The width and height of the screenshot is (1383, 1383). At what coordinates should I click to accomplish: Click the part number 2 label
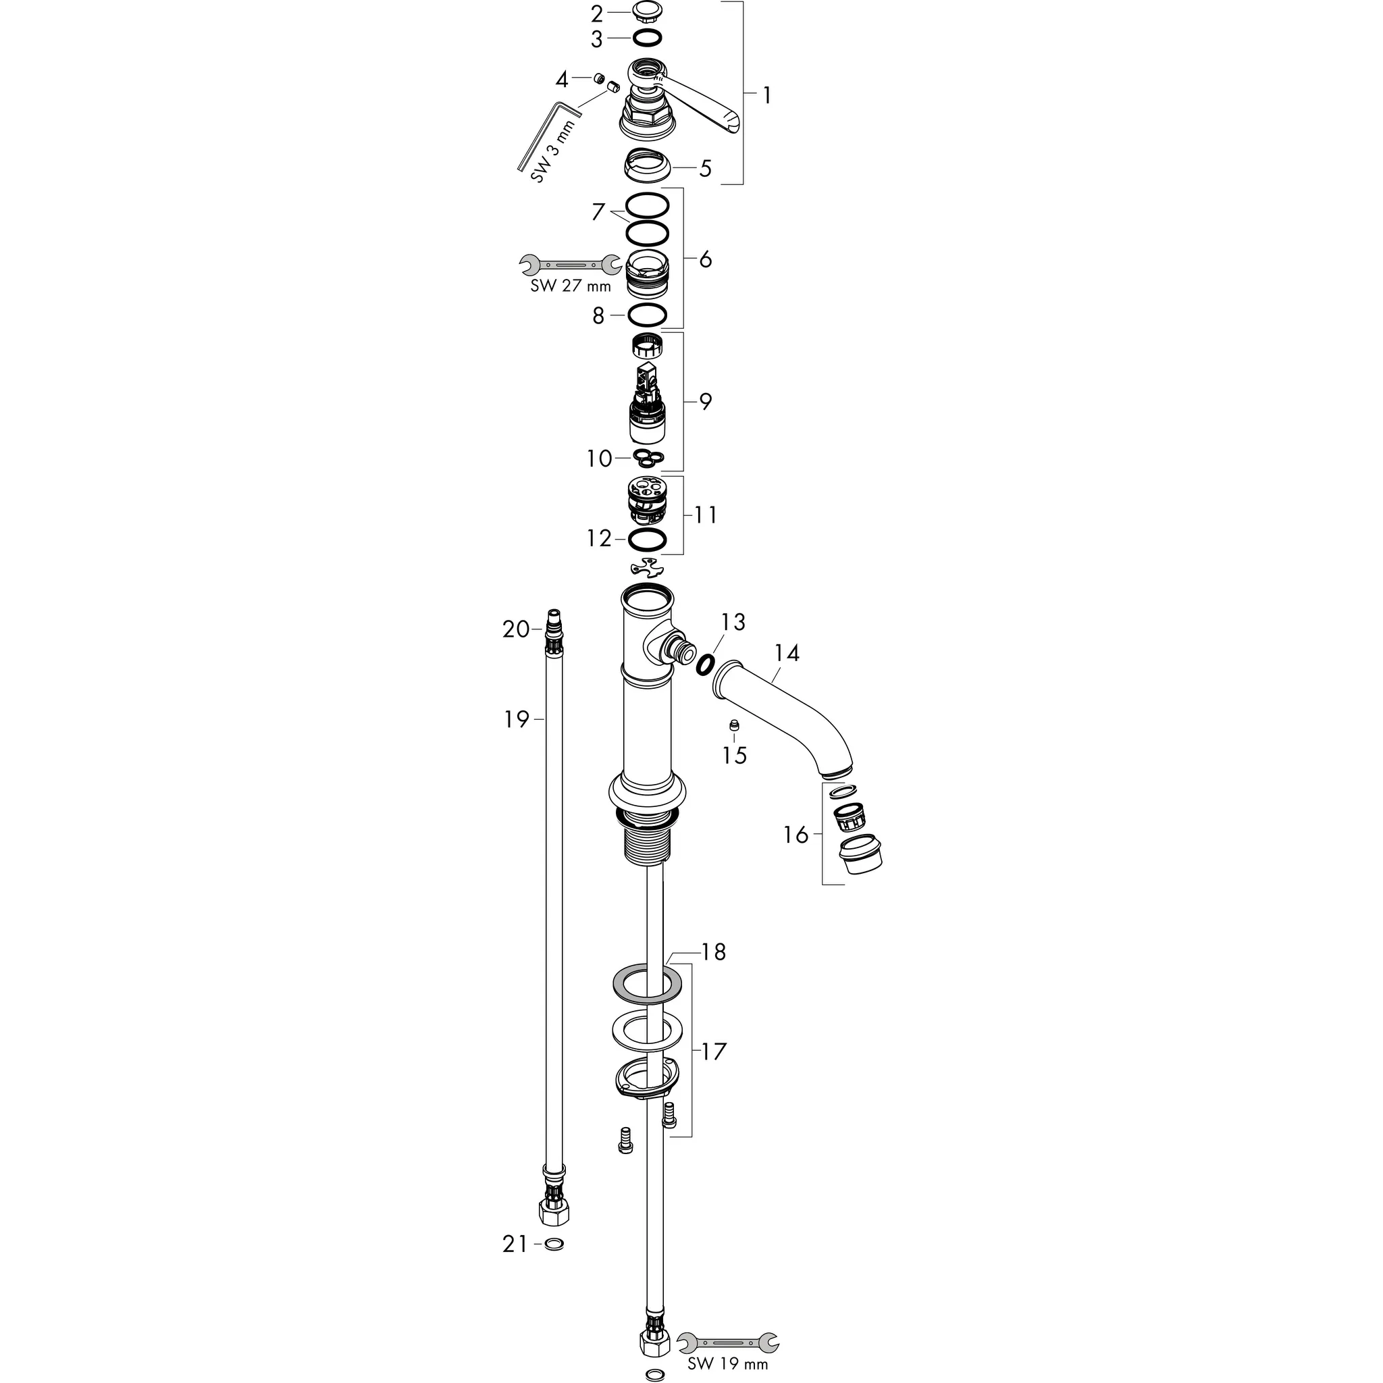597,14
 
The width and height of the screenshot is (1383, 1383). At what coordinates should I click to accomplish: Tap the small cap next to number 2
646,12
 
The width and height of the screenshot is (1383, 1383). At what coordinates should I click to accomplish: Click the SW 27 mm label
571,286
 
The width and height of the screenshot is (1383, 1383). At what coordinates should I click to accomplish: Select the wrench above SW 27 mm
571,265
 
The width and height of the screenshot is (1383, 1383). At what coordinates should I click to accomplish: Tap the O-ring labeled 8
647,314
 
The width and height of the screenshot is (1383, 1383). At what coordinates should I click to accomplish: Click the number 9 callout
705,402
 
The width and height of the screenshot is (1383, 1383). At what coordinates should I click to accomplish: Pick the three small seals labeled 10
648,456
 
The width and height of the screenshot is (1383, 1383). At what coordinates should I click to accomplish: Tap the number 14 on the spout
787,653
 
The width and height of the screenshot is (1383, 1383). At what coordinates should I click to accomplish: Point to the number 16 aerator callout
795,835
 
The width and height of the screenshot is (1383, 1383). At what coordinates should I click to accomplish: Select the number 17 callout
713,1051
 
